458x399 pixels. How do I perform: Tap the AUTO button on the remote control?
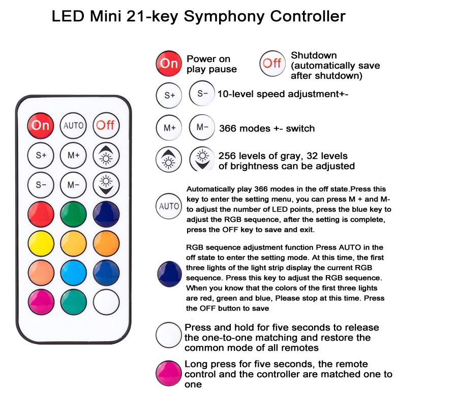click(73, 125)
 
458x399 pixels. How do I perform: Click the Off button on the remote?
click(106, 125)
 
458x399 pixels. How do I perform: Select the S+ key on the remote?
click(41, 155)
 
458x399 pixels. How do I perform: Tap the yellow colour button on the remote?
click(41, 243)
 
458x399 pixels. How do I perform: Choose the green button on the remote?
click(73, 214)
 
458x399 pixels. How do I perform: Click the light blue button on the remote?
click(73, 273)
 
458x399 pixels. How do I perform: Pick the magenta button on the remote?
click(41, 302)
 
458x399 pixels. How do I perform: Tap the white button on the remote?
click(106, 302)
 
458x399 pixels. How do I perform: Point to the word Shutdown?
click(314, 55)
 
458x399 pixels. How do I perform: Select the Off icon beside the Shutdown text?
click(272, 63)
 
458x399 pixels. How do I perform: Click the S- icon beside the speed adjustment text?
click(202, 93)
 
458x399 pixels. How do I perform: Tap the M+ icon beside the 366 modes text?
click(169, 128)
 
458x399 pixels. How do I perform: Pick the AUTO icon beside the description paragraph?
click(169, 206)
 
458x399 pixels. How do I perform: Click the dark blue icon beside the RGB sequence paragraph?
click(169, 274)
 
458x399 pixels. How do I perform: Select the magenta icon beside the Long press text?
click(169, 373)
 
